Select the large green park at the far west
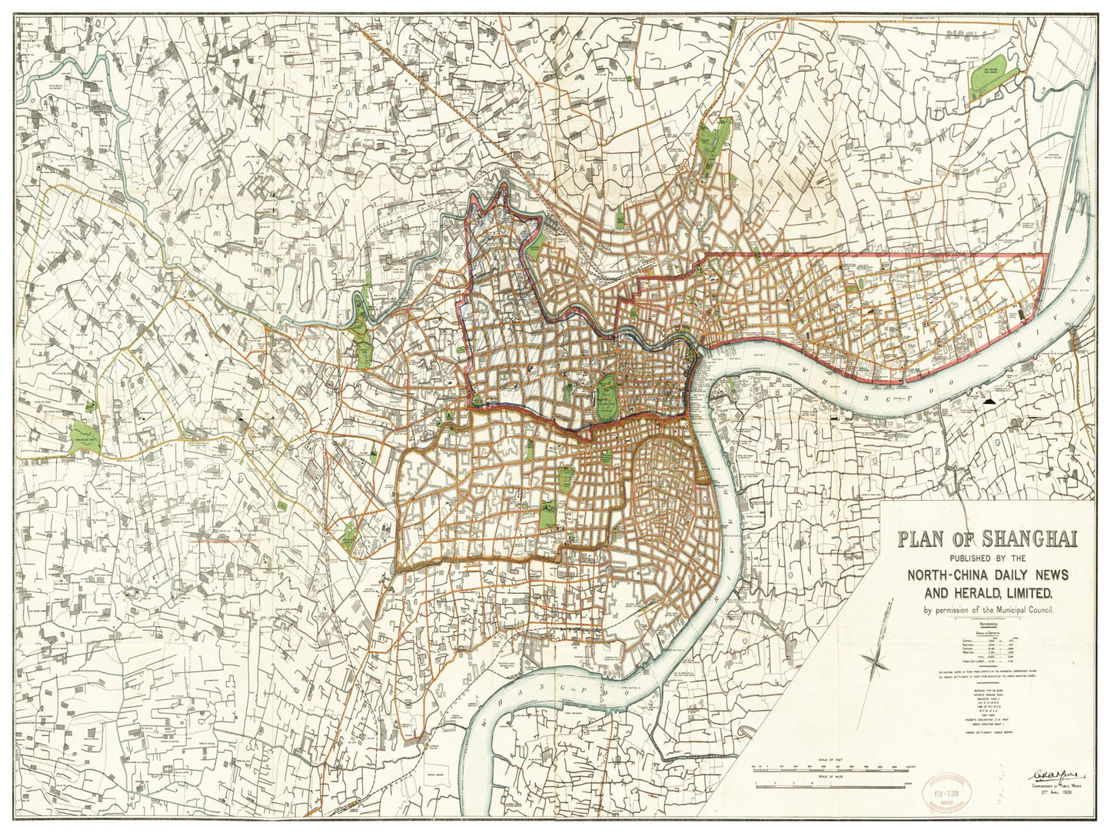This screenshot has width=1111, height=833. point(84,435)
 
